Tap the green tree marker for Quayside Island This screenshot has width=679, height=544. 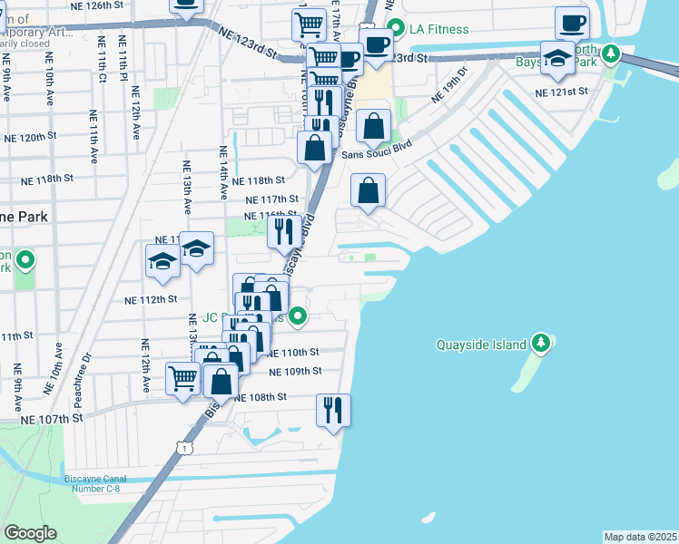(541, 343)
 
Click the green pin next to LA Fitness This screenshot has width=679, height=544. (395, 27)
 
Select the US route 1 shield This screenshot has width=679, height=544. (184, 448)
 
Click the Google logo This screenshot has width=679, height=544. (30, 533)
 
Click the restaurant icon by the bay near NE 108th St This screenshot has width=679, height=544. (333, 409)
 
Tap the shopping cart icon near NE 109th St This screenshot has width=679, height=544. (182, 377)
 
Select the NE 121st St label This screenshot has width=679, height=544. (561, 92)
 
